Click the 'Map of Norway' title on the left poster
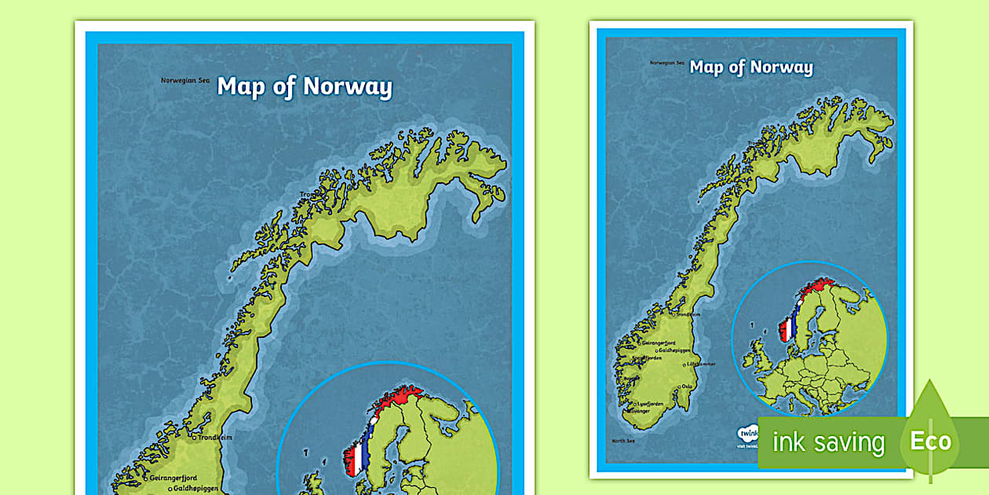coord(305,86)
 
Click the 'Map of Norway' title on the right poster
coord(751,67)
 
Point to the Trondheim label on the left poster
coord(216,438)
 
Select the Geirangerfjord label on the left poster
coord(173,477)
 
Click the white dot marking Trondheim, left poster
coord(194,438)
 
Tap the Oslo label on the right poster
coord(688,386)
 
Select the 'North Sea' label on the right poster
coord(623,441)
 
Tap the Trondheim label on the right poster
coord(688,314)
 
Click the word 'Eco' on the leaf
coord(930,442)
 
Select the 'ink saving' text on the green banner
coord(828,443)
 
